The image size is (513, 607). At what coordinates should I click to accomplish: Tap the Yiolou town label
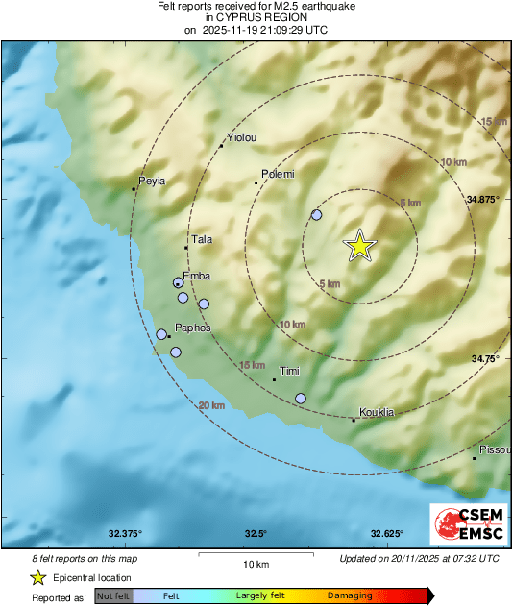click(240, 138)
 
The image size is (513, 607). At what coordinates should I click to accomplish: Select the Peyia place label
click(153, 181)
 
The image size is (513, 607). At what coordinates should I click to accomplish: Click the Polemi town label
click(278, 174)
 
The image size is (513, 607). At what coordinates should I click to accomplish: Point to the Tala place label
click(202, 239)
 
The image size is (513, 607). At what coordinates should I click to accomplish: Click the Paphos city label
click(192, 328)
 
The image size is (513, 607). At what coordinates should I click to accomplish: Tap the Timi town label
click(289, 371)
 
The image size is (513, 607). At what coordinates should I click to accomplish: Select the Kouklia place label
click(377, 411)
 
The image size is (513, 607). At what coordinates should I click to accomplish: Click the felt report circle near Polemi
click(316, 215)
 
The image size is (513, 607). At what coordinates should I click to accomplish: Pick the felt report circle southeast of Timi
click(301, 398)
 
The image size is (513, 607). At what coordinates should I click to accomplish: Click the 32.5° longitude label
click(256, 533)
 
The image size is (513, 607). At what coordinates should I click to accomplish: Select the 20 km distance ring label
click(211, 406)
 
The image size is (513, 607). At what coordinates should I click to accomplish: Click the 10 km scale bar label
click(255, 563)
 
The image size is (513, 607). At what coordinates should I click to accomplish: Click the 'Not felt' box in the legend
click(112, 596)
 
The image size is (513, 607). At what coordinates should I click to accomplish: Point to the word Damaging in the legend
click(350, 596)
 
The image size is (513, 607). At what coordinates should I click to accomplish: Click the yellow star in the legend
click(38, 577)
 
